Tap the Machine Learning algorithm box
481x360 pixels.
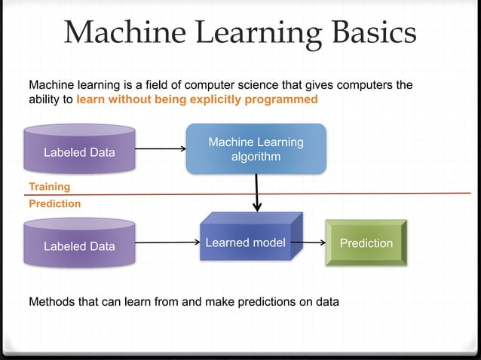[256, 149]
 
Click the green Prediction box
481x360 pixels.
[366, 243]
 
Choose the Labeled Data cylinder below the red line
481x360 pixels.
[79, 246]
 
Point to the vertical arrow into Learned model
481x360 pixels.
[257, 192]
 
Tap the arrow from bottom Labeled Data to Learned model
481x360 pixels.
[167, 243]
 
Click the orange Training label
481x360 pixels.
[49, 186]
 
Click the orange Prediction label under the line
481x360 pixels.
[54, 203]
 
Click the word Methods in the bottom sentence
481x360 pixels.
[52, 302]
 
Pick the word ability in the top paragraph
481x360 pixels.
[43, 99]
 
